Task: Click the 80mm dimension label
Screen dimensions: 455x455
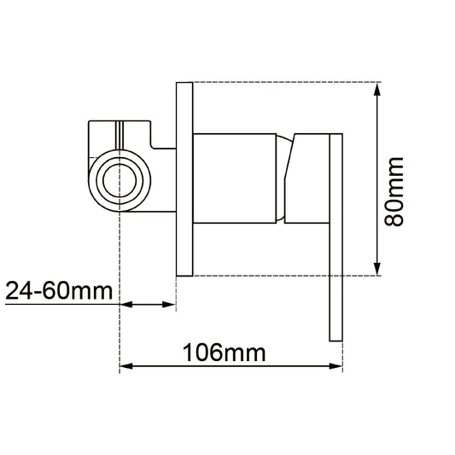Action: pos(394,191)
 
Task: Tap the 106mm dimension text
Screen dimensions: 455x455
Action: pos(224,353)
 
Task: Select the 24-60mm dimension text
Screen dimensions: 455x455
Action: pos(59,290)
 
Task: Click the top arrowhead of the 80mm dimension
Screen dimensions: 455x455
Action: pos(377,89)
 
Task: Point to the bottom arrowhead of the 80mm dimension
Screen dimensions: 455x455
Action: pos(377,269)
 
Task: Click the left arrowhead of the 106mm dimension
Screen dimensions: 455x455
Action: pos(126,366)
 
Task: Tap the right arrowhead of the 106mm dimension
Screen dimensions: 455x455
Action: pos(336,366)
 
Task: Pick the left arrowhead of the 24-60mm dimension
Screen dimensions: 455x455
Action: pos(126,305)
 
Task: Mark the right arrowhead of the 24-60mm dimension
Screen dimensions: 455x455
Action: pos(169,305)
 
